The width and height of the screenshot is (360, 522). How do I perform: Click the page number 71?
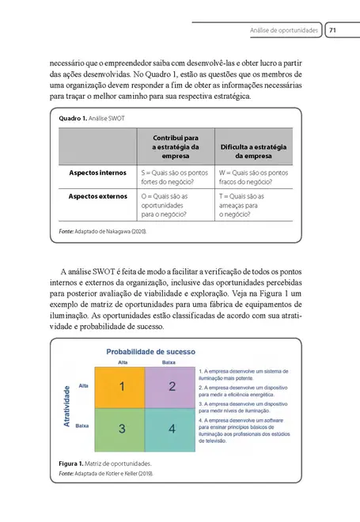[333, 30]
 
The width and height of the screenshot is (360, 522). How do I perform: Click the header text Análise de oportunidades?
[284, 30]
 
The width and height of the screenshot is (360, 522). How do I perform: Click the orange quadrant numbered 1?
[121, 387]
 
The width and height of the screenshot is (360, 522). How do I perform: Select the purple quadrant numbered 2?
[170, 387]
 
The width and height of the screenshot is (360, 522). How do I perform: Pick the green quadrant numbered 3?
[121, 429]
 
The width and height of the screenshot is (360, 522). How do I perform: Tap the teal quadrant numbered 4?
[170, 429]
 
